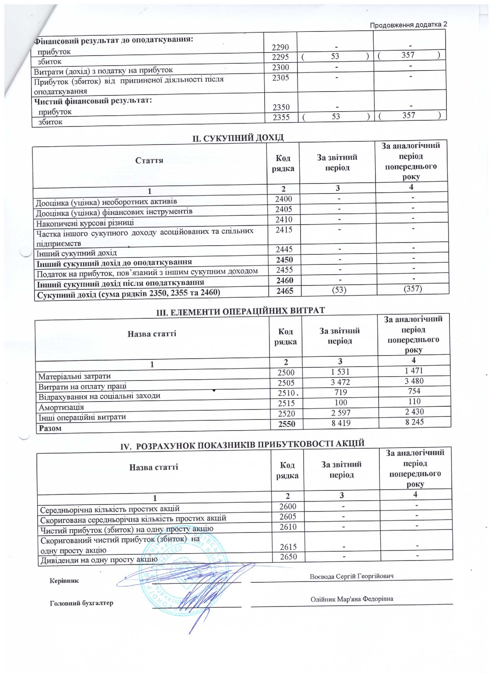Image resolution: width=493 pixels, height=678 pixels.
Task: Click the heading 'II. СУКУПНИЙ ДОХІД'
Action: [238, 138]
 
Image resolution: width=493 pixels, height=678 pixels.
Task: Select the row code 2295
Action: [280, 57]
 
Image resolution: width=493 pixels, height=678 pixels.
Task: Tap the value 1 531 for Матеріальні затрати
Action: [340, 372]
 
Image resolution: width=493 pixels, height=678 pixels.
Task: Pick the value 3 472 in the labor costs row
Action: [340, 382]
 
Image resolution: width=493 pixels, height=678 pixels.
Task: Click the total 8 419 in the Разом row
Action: [340, 423]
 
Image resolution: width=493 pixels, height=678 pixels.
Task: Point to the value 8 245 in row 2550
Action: [414, 422]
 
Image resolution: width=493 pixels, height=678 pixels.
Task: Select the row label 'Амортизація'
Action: [61, 407]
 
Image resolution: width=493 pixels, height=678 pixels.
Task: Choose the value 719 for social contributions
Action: [340, 392]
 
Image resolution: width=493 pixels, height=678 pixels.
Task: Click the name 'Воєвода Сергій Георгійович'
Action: [351, 576]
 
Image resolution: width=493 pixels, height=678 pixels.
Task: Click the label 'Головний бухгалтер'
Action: [81, 603]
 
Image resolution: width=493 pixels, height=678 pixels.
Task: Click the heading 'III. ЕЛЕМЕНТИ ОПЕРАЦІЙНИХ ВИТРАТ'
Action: [240, 311]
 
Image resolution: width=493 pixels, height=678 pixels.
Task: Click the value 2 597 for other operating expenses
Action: [340, 413]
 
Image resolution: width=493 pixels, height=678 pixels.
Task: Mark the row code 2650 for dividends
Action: [288, 557]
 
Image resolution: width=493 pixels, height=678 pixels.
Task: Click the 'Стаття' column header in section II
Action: [149, 161]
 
